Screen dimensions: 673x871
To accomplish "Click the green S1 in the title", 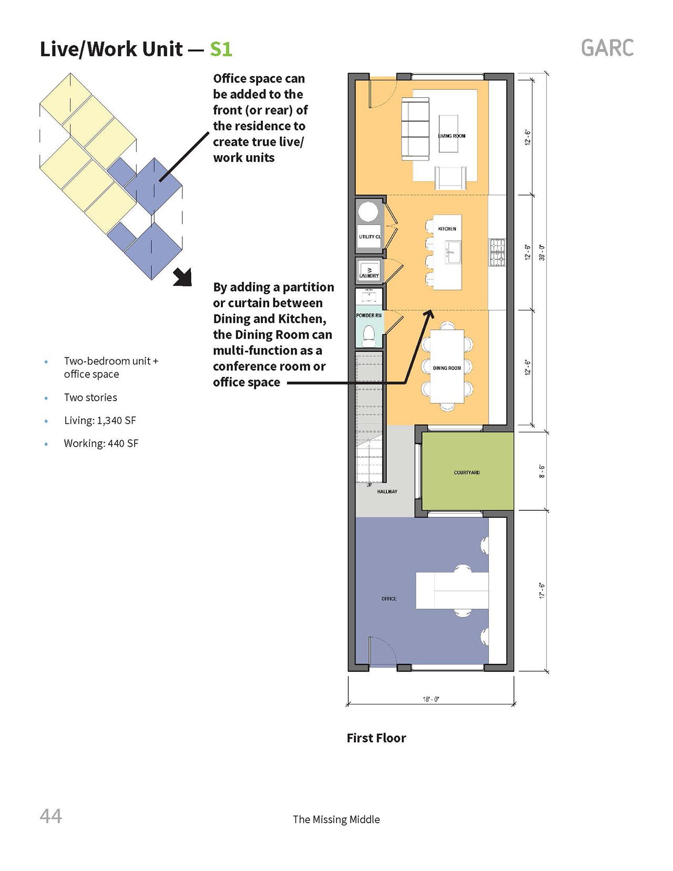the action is tap(221, 49).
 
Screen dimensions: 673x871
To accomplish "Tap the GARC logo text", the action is tap(607, 48).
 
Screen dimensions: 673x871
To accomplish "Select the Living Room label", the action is tap(452, 136).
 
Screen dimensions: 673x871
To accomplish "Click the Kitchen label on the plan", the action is tap(447, 229).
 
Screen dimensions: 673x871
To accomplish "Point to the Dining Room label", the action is tap(447, 368).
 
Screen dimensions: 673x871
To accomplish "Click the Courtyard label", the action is tap(467, 472).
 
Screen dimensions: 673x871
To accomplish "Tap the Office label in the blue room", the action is tap(389, 599).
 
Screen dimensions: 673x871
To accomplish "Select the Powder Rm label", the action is tap(369, 316).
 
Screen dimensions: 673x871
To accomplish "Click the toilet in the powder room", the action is tap(369, 335).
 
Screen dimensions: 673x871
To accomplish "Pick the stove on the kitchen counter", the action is tap(497, 252).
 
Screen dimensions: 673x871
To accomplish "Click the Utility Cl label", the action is tap(370, 237).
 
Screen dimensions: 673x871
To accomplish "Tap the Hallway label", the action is tap(387, 491).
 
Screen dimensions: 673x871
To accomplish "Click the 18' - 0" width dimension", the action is tap(431, 699).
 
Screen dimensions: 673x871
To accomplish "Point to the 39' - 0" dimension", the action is tap(543, 252).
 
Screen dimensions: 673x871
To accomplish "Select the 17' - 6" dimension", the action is tap(543, 591).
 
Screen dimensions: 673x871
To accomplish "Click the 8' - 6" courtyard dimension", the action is tap(543, 471).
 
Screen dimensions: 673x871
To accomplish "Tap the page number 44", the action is tap(51, 816).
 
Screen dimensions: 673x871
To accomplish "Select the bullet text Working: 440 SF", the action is tap(101, 443).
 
